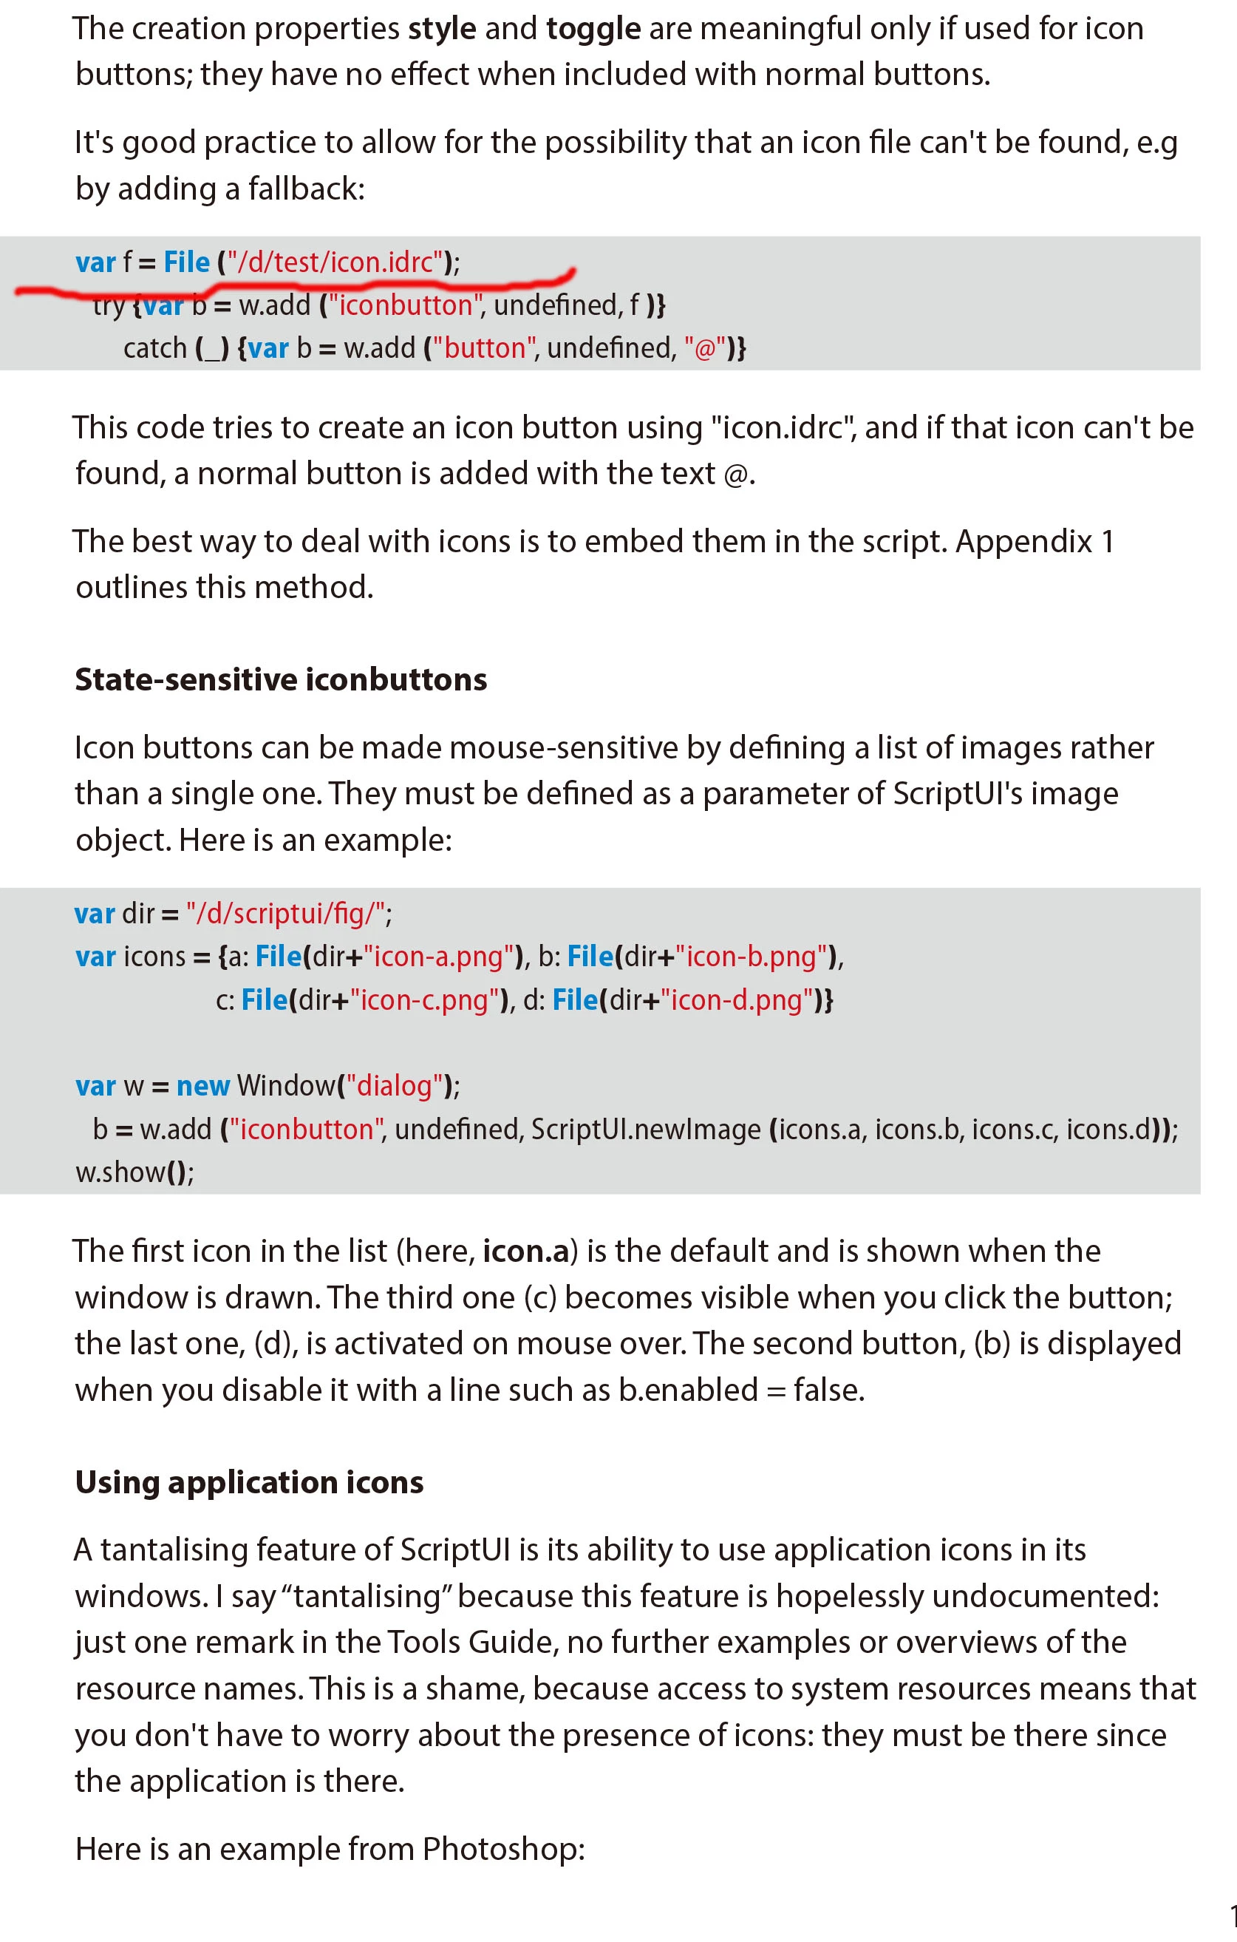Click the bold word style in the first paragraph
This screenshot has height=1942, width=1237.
pyautogui.click(x=442, y=29)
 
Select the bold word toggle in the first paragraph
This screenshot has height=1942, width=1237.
pyautogui.click(x=593, y=29)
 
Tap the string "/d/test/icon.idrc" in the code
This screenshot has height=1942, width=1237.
pyautogui.click(x=335, y=262)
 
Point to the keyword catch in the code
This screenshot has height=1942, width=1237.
pyautogui.click(x=155, y=348)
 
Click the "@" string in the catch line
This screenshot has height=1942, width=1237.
pyautogui.click(x=705, y=348)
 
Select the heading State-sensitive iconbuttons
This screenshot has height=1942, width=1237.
pyautogui.click(x=281, y=680)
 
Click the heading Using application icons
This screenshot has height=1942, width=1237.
pyautogui.click(x=249, y=1482)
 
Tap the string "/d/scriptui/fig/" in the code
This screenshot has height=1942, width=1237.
pyautogui.click(x=284, y=914)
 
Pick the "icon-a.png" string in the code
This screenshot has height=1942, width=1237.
pyautogui.click(x=439, y=957)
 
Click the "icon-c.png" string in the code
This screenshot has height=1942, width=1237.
pyautogui.click(x=424, y=1000)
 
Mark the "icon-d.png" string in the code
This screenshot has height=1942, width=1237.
pyautogui.click(x=736, y=1000)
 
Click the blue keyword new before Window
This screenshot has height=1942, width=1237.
pyautogui.click(x=203, y=1087)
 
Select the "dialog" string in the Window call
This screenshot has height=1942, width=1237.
pyautogui.click(x=395, y=1087)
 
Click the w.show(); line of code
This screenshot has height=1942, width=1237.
pyautogui.click(x=134, y=1172)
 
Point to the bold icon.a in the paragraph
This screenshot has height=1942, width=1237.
pyautogui.click(x=526, y=1252)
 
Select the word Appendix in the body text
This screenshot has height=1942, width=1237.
pyautogui.click(x=1023, y=541)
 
